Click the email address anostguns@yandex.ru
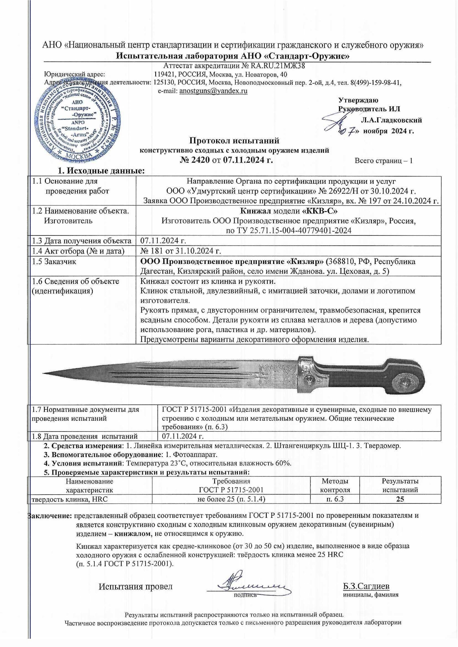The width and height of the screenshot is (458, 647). point(213,91)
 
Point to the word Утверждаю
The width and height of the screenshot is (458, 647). point(358,100)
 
